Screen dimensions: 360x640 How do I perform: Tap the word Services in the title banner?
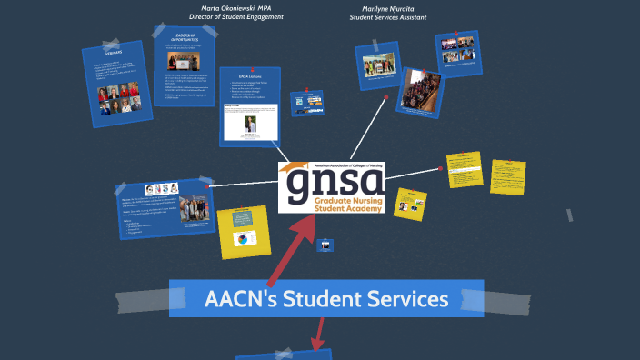click(405, 298)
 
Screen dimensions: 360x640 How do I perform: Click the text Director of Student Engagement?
click(236, 17)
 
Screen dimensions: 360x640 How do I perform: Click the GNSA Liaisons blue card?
click(249, 105)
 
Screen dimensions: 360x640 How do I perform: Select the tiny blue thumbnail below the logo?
click(325, 245)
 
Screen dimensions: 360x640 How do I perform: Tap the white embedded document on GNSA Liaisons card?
click(249, 123)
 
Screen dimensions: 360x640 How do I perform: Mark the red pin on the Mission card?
click(208, 186)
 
